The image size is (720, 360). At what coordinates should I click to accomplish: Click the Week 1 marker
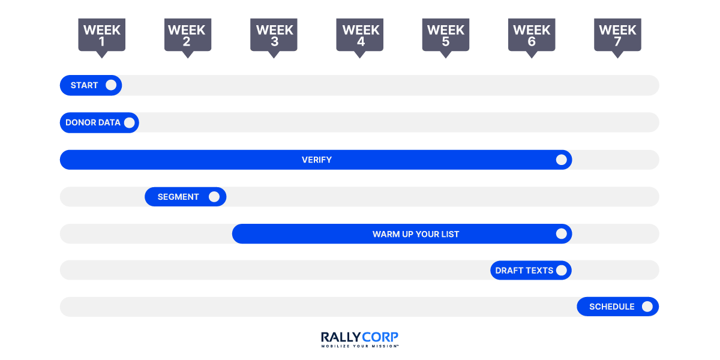coord(101,35)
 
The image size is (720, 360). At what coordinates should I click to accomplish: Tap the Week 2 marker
coord(187,35)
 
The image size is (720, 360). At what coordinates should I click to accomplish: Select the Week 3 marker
coord(274,35)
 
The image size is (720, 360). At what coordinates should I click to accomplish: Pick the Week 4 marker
coord(360,35)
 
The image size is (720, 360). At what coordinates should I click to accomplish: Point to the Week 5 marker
coord(445,35)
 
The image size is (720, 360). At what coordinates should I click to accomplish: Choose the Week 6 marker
coord(532,35)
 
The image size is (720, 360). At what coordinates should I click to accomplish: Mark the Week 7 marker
coord(617,35)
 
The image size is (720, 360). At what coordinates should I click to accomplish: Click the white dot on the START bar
coord(111,85)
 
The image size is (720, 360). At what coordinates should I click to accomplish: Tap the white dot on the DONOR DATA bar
coord(129,122)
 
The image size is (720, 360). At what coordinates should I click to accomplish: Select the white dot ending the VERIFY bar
coord(562,160)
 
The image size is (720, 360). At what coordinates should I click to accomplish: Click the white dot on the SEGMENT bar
coord(214,197)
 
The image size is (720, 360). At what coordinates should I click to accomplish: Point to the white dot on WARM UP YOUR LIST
coord(562,234)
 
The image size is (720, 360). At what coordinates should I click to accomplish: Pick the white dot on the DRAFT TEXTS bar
coord(562,271)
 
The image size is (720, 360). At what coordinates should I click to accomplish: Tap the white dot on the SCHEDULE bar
coord(647,307)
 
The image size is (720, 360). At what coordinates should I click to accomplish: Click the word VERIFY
coord(317,160)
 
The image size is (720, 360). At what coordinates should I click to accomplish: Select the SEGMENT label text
coord(178,197)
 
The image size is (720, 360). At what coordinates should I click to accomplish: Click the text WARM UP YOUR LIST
coord(416,234)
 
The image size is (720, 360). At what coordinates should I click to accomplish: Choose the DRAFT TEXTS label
coord(524,271)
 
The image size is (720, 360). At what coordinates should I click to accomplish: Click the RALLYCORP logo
coord(359,337)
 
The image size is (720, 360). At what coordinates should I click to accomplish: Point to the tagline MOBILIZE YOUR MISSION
coord(359,346)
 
